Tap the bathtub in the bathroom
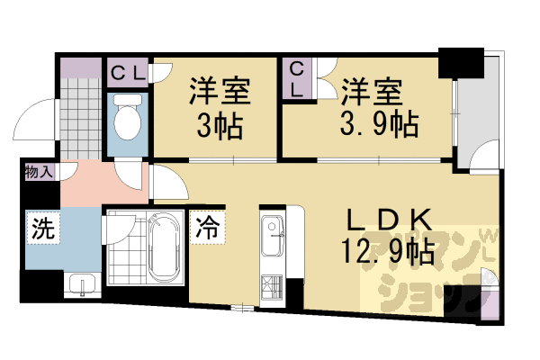pyautogui.click(x=165, y=247)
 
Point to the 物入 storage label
pyautogui.click(x=39, y=171)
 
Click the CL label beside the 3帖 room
pyautogui.click(x=127, y=73)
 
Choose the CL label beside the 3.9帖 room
pyautogui.click(x=297, y=77)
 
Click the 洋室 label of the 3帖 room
pyautogui.click(x=220, y=91)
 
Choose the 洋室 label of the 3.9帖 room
pyautogui.click(x=371, y=91)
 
